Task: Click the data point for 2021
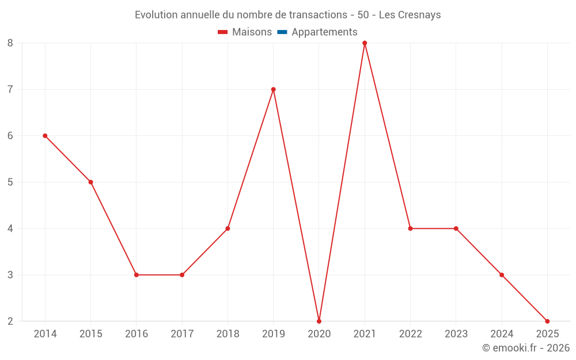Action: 365,43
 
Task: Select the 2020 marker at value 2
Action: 319,321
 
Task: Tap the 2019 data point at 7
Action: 273,89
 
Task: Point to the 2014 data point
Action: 45,136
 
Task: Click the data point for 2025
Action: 547,321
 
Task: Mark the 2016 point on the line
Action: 137,275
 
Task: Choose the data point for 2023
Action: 456,229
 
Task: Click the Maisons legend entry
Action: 252,32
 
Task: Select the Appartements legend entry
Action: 324,32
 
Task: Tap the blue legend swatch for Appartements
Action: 282,32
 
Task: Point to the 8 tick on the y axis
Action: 10,43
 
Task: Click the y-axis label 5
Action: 10,182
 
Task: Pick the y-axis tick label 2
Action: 10,321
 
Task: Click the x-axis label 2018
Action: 228,334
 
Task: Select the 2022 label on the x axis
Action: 410,334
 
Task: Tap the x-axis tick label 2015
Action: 90,334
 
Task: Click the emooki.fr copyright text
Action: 526,348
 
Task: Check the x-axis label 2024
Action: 502,334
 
